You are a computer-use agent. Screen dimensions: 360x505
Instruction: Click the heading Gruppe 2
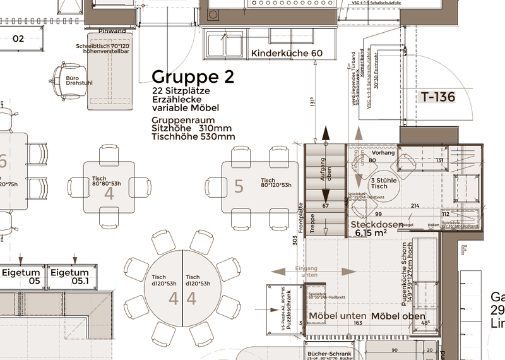click(193, 77)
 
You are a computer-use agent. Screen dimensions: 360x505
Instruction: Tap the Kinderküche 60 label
click(287, 54)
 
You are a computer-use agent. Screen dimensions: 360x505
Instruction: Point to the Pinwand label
click(112, 31)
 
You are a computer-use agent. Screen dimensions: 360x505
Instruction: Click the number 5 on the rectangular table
click(239, 186)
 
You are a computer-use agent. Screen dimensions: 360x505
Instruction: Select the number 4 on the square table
click(109, 194)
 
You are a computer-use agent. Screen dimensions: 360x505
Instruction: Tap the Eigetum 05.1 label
click(70, 277)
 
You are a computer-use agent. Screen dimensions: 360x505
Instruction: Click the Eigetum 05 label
click(21, 277)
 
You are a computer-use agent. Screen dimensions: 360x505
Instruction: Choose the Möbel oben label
click(398, 316)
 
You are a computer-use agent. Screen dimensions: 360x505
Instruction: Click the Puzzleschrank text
click(287, 311)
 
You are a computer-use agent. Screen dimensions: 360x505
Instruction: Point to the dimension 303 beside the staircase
click(295, 241)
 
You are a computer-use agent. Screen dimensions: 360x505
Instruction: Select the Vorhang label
click(383, 153)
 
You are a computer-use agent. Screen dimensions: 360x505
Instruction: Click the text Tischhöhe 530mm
click(193, 136)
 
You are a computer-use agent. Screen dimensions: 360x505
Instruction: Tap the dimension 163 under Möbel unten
click(358, 323)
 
